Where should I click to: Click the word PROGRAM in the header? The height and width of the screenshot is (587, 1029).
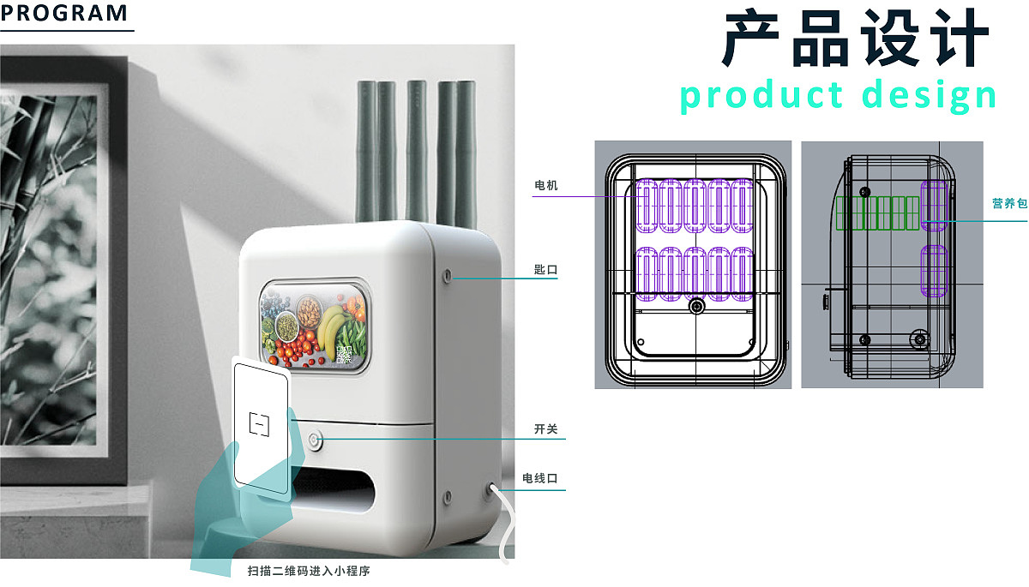coord(64,14)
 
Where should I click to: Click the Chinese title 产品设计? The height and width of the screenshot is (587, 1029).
coord(856,40)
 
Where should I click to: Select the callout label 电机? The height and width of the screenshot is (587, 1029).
coord(546,185)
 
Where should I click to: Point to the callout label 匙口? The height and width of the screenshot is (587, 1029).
coord(546,270)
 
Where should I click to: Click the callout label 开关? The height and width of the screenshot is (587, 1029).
coord(546,429)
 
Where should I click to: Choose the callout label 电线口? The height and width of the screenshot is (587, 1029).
coord(540,478)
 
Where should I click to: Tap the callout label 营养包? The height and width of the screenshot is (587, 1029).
coord(1008,203)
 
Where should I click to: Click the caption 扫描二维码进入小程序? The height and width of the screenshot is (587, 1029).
coord(309,570)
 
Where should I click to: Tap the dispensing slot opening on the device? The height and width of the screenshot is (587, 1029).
coord(337,492)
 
